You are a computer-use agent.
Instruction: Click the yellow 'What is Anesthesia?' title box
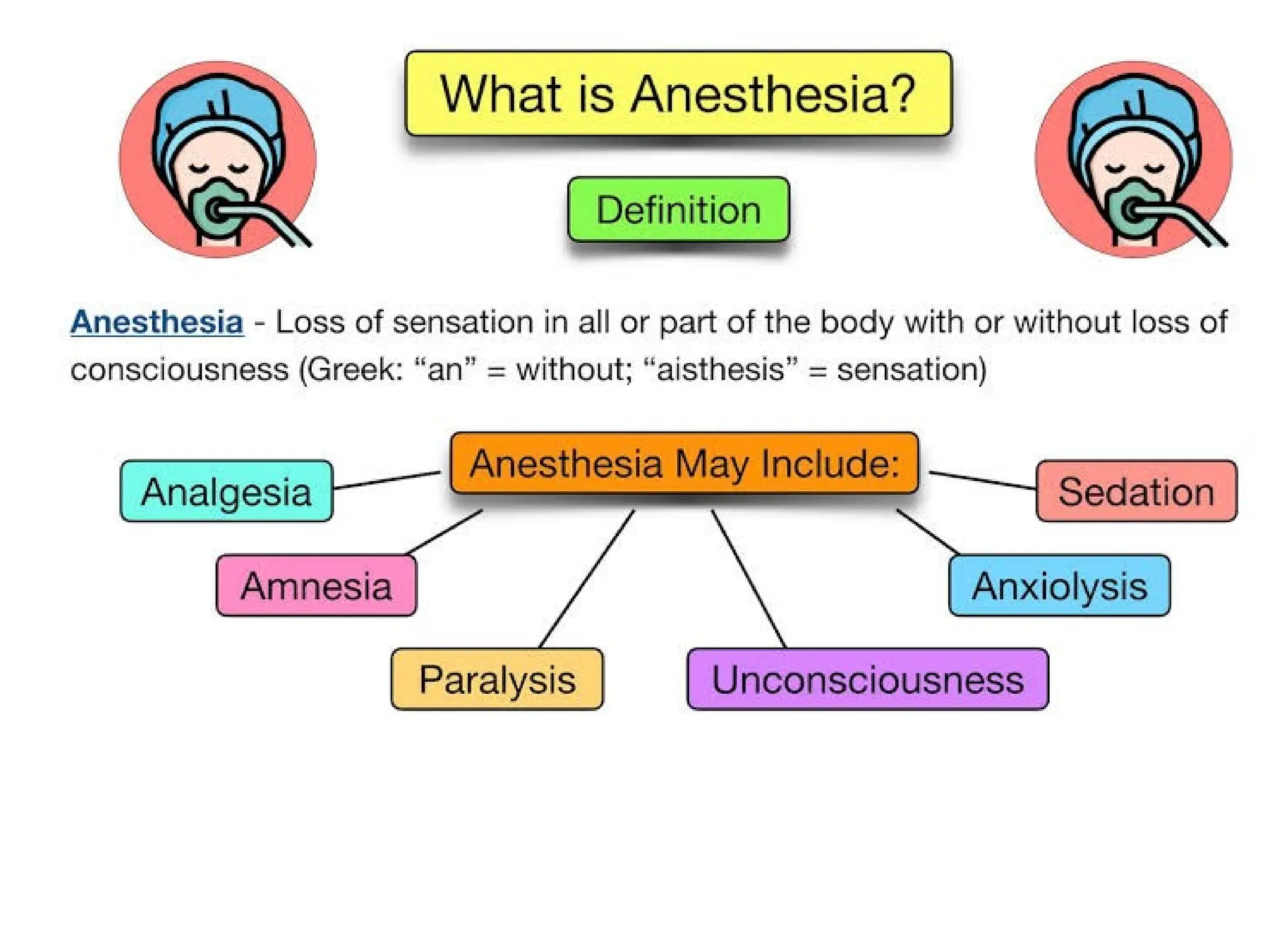click(678, 93)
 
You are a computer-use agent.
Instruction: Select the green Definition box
click(678, 209)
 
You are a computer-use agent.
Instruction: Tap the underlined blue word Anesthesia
click(157, 323)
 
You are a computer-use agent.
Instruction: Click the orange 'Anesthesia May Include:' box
click(684, 463)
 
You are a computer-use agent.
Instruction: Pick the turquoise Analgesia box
click(226, 492)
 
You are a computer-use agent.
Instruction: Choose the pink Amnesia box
click(316, 586)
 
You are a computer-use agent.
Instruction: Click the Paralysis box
click(497, 680)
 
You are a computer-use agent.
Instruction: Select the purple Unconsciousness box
click(867, 680)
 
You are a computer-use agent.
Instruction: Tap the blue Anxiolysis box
click(1059, 586)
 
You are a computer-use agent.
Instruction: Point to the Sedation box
click(1136, 492)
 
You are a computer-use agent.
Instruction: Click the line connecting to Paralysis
click(587, 579)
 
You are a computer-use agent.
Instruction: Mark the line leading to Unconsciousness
click(749, 579)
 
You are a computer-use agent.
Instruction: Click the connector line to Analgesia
click(386, 480)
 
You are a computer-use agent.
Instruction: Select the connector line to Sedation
click(983, 481)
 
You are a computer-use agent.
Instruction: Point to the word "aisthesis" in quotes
click(721, 370)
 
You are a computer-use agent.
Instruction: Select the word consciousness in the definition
click(179, 370)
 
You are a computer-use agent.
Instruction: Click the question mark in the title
click(904, 93)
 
